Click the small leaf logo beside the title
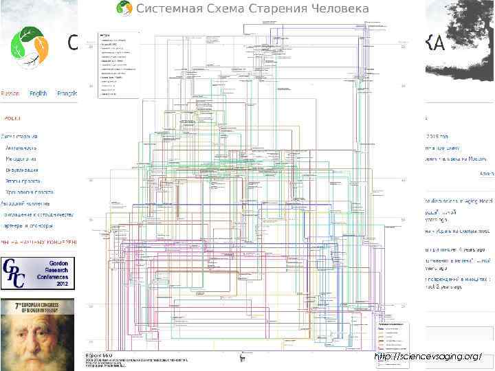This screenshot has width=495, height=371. coord(124,8)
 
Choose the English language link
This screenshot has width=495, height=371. coord(38,93)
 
